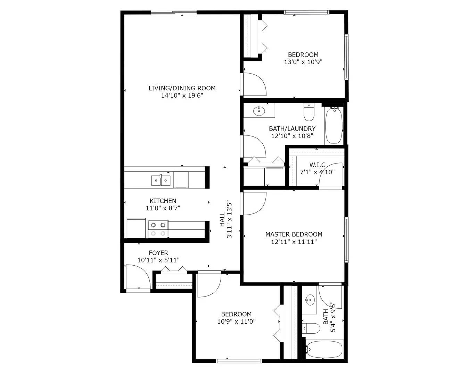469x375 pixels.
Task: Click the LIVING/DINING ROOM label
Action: tap(182, 88)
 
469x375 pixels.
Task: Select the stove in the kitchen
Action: tap(158, 229)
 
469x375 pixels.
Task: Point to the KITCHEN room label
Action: tap(163, 201)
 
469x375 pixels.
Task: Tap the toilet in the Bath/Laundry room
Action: tap(308, 112)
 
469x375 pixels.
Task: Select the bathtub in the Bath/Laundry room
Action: tap(334, 125)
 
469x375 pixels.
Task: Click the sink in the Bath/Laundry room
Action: tap(258, 111)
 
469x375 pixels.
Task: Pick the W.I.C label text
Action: tap(317, 165)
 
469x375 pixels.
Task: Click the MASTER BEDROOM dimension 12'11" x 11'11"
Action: tap(294, 242)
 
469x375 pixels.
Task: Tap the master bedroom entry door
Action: tap(254, 203)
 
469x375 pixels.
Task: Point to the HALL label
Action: tap(222, 219)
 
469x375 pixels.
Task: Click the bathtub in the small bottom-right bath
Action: tap(325, 349)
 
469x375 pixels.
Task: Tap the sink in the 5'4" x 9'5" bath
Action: tap(310, 299)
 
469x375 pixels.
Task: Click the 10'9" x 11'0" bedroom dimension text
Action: tap(236, 322)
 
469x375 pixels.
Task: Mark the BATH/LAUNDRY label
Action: tap(292, 128)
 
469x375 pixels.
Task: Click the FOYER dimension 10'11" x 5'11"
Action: tap(158, 260)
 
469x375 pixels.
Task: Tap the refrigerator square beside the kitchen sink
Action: tap(181, 180)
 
